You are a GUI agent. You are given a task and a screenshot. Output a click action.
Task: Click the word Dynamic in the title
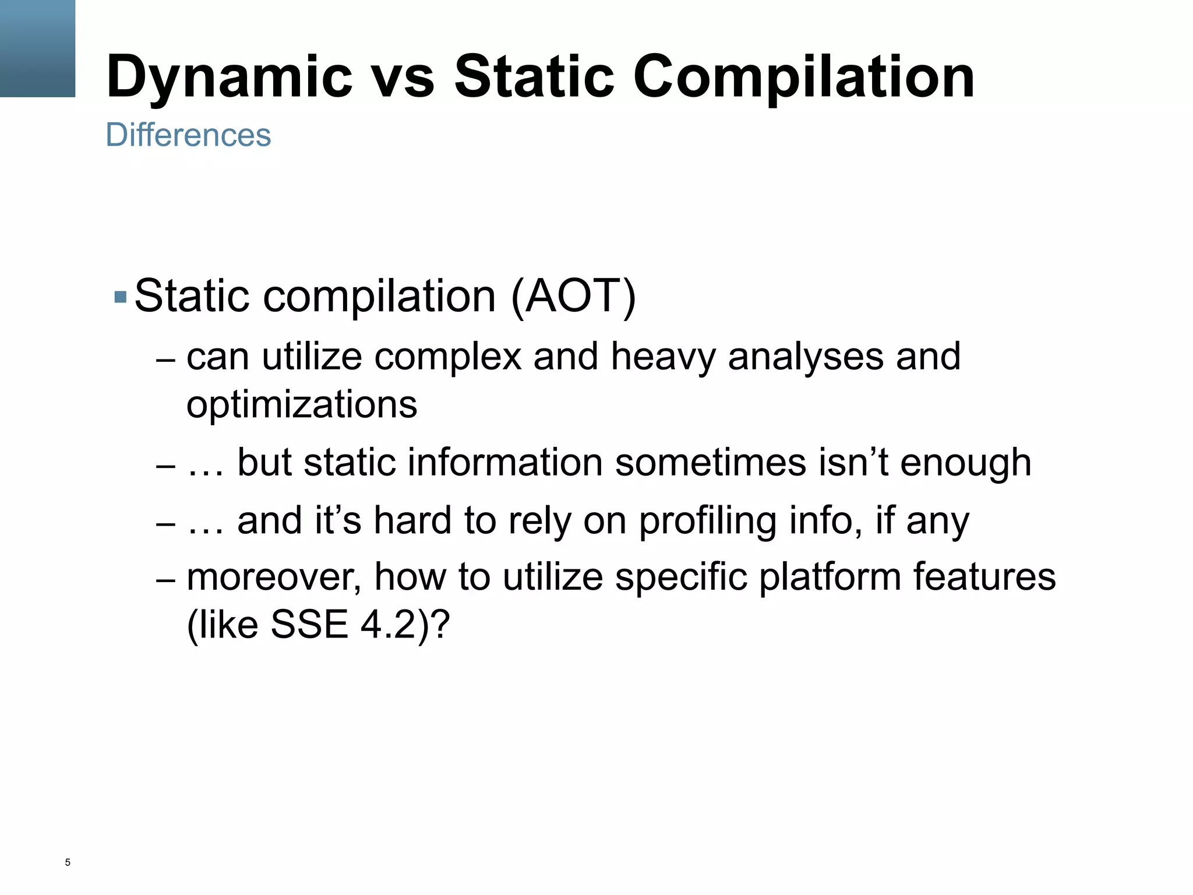[230, 77]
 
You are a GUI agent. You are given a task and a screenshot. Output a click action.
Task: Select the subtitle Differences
[188, 135]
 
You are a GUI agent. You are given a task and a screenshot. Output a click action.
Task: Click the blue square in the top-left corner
[37, 48]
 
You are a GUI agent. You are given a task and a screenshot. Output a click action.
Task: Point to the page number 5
[68, 862]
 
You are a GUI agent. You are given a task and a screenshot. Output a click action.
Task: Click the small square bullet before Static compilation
[121, 297]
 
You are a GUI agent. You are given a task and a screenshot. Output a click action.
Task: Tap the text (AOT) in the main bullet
[573, 296]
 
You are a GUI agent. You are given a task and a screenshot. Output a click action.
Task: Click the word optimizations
[302, 404]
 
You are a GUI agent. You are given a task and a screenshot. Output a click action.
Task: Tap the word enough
[965, 464]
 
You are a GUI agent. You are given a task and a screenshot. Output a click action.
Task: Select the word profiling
[707, 521]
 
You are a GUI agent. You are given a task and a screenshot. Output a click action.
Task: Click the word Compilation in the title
[804, 77]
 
